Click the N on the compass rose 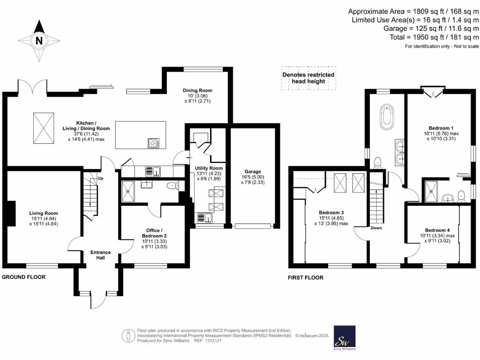(39, 41)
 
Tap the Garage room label (255, 172)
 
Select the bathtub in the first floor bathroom (388, 117)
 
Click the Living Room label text (44, 213)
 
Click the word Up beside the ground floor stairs (100, 179)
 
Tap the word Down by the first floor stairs (376, 228)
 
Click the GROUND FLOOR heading (24, 277)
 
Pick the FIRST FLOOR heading (306, 277)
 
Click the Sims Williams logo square (344, 336)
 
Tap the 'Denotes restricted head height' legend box (308, 78)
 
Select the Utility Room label (209, 168)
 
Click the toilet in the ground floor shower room (174, 186)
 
